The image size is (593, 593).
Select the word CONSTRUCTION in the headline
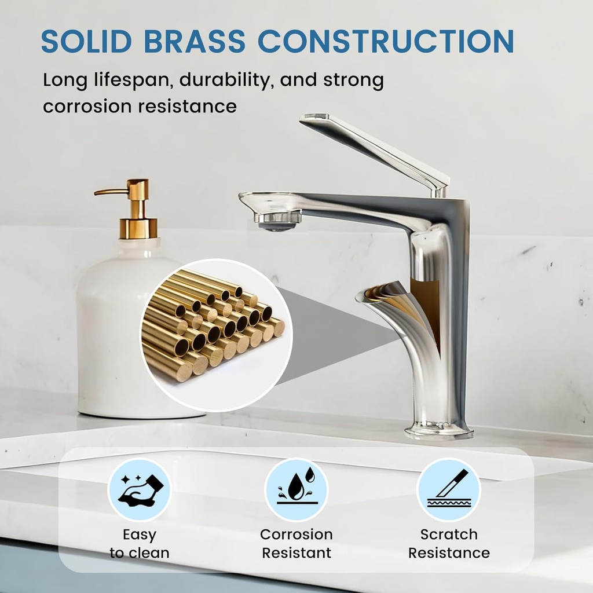(386, 41)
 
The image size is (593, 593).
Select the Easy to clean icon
(140, 489)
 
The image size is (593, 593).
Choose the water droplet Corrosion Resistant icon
(296, 489)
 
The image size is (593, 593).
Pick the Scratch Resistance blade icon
(448, 489)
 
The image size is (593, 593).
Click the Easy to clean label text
(140, 543)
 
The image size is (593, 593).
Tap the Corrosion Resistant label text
(296, 543)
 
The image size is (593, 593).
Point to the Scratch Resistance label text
(448, 543)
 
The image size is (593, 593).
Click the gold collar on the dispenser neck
(138, 228)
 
